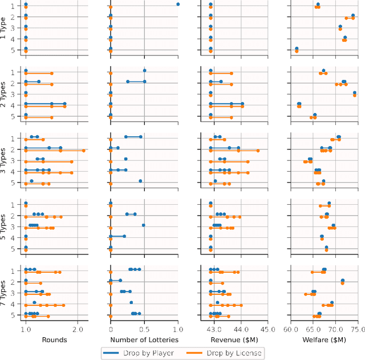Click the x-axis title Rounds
pyautogui.click(x=55, y=339)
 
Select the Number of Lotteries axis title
pyautogui.click(x=144, y=339)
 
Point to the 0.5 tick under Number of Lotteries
pyautogui.click(x=144, y=330)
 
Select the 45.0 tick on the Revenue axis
pyautogui.click(x=268, y=330)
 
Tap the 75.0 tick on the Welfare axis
pyautogui.click(x=358, y=330)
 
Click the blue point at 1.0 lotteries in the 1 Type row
pyautogui.click(x=178, y=4)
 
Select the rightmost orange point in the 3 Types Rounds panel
pyautogui.click(x=84, y=151)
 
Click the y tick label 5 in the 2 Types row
pyautogui.click(x=18, y=116)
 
